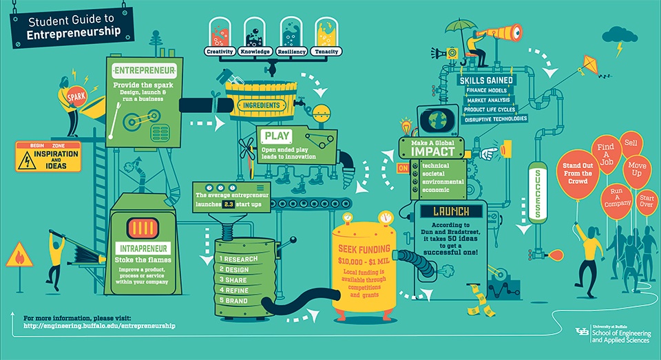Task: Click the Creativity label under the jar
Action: point(220,52)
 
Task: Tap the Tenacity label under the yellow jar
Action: point(326,52)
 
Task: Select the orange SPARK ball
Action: point(76,97)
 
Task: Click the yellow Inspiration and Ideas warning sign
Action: point(48,157)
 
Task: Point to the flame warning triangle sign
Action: point(19,255)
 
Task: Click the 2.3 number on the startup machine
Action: point(229,204)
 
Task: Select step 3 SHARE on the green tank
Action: point(233,280)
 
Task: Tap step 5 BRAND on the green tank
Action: point(233,301)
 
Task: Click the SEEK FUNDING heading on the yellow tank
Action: point(364,248)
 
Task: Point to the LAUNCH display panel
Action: point(450,211)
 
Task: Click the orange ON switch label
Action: point(403,168)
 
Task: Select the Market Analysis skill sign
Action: point(488,100)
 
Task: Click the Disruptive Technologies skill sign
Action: point(496,119)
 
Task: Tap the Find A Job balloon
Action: point(606,154)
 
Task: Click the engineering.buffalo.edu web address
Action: point(99,326)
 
